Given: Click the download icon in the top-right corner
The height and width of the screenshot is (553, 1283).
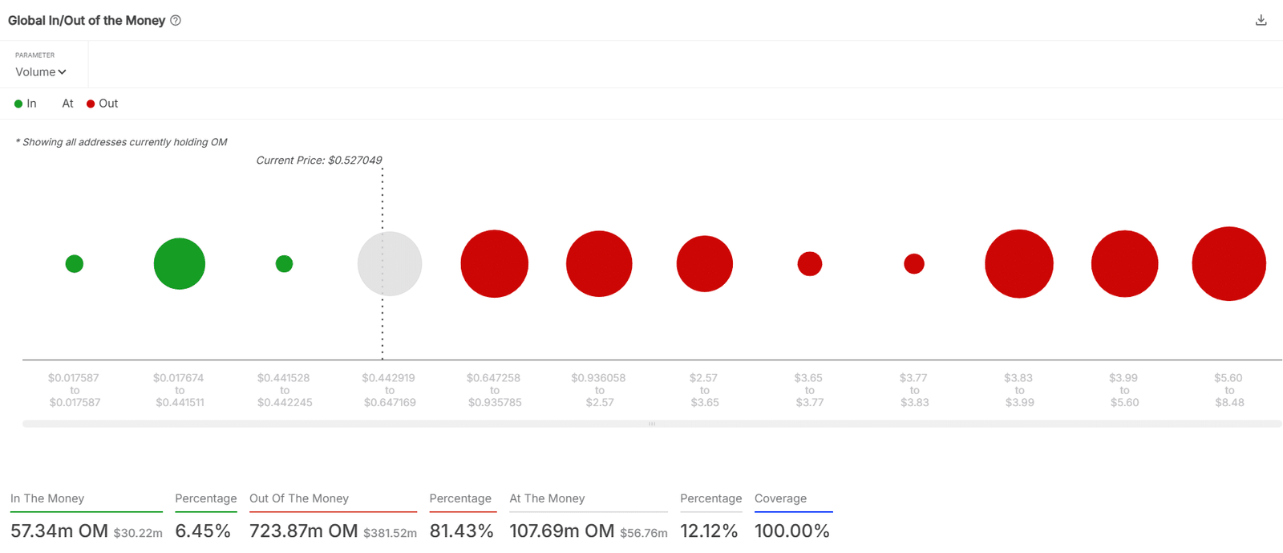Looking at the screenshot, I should click(1261, 20).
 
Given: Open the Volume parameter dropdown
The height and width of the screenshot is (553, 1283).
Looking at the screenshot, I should click(40, 72).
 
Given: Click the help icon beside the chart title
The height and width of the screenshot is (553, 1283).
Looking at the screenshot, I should click(176, 21).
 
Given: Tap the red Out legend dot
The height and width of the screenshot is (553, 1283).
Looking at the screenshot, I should click(91, 104).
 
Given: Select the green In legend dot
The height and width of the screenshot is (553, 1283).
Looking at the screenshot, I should click(18, 104).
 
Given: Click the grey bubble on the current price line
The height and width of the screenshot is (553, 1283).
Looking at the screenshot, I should click(390, 264).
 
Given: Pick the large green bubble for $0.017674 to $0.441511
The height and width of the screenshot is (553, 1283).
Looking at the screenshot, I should click(180, 264).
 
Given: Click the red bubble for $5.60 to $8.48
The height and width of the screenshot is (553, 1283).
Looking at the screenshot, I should click(1228, 264).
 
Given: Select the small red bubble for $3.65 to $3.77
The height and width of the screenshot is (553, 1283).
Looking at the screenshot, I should click(810, 264).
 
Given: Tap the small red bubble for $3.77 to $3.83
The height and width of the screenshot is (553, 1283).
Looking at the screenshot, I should click(914, 264).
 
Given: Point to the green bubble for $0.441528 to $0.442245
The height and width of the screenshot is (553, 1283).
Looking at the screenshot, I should click(284, 264).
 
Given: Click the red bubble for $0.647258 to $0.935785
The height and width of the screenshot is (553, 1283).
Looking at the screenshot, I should click(495, 264).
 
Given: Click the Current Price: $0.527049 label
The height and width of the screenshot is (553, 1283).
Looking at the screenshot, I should click(319, 161).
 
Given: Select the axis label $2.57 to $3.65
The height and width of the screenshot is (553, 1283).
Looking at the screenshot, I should click(705, 390).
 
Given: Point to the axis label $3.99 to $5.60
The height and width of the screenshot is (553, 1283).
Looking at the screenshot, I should click(1124, 390).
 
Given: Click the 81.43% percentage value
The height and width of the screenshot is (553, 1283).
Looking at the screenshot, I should click(461, 531).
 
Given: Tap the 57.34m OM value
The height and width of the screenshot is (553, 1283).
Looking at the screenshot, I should click(59, 531).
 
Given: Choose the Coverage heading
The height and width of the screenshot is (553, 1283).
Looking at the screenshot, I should click(780, 498).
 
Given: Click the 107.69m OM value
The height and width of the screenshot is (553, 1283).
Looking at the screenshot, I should click(561, 531).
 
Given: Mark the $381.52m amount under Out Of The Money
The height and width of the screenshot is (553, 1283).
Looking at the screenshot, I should click(390, 533).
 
